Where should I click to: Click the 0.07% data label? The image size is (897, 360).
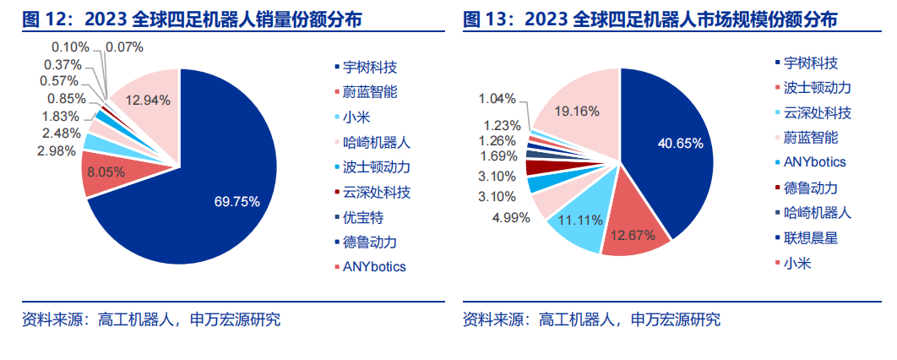[125, 46]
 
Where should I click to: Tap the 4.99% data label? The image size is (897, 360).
[510, 217]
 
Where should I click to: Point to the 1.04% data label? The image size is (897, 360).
[498, 99]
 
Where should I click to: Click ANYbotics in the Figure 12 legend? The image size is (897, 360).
[373, 266]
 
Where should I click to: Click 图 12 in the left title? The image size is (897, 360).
[40, 19]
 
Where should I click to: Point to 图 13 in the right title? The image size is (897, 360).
[481, 19]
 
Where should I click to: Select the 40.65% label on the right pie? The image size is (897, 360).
[680, 143]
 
